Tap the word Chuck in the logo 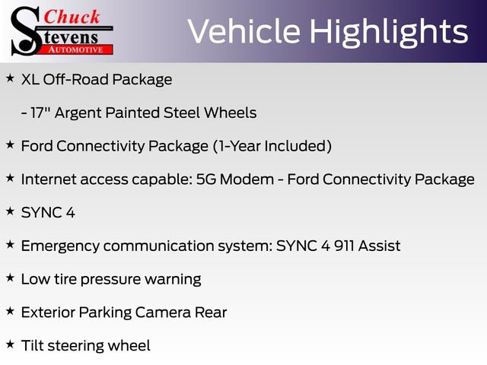coord(72,17)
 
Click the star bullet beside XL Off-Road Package coord(10,78)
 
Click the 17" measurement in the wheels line coord(43,113)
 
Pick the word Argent coord(80,113)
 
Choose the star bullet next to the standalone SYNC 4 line coord(10,211)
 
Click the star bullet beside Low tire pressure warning coord(10,278)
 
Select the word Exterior coord(49,312)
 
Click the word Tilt coord(32,345)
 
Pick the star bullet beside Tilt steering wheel coord(10,344)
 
